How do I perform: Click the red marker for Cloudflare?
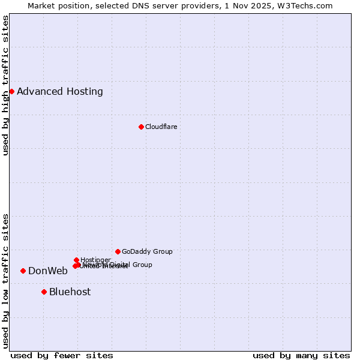point(141,127)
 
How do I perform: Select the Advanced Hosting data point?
point(11,91)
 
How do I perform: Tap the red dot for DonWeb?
point(23,271)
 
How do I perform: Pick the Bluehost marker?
point(44,292)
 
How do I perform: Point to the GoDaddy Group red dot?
point(118,251)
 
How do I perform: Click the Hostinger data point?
point(76,260)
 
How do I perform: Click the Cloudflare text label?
point(161,127)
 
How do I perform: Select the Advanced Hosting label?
point(60,91)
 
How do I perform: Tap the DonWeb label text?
point(48,271)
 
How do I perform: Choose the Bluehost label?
point(70,292)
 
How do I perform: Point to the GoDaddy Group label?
point(147,251)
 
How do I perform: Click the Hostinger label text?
point(95,260)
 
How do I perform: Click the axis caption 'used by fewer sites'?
point(62,355)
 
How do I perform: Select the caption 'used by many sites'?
point(301,355)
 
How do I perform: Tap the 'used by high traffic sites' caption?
point(6,85)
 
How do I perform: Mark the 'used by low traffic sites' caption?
point(6,280)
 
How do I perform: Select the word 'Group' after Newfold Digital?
point(142,265)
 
